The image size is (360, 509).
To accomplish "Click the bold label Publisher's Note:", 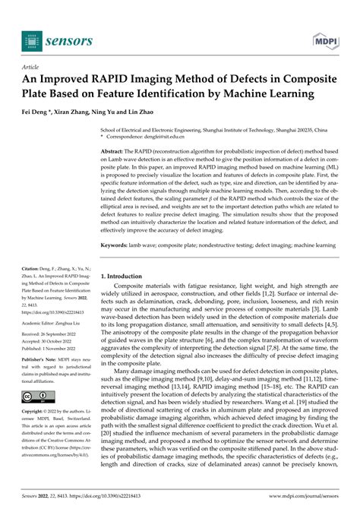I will click(44, 362).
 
